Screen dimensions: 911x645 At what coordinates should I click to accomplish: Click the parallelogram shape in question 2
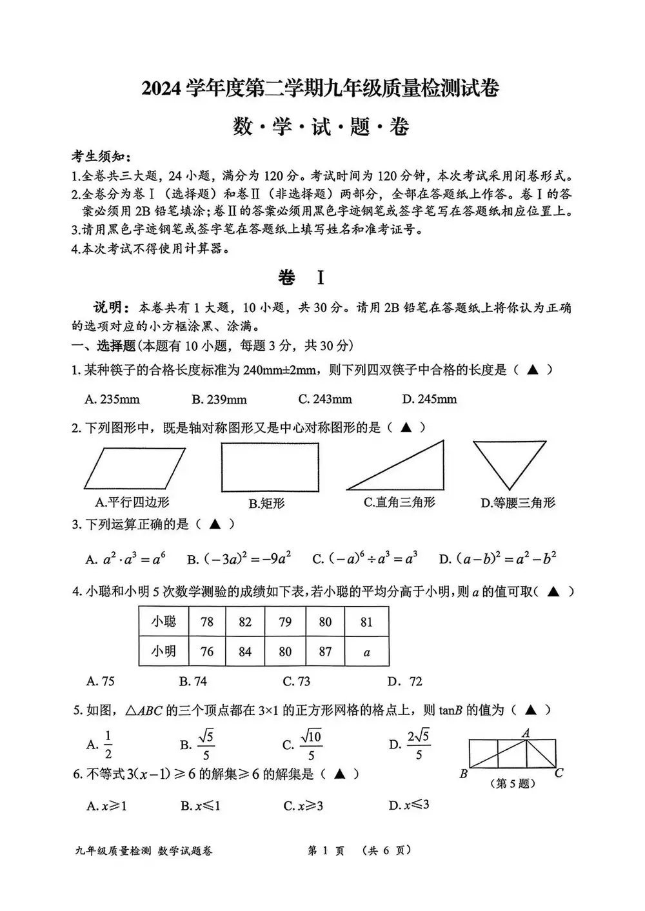click(135, 468)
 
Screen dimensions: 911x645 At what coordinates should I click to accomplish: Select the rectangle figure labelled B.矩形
click(270, 469)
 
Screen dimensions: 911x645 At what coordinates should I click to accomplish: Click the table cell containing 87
click(325, 651)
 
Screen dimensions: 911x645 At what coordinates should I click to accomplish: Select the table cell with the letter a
click(367, 652)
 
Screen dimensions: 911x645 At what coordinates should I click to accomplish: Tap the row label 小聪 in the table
click(164, 622)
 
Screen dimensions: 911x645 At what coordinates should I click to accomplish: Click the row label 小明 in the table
click(164, 651)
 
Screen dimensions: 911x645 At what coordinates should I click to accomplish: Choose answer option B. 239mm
click(219, 399)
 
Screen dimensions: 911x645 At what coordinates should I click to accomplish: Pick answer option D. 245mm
click(429, 399)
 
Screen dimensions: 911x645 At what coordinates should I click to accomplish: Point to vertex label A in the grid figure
click(526, 732)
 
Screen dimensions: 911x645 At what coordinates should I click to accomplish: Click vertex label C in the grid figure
click(559, 772)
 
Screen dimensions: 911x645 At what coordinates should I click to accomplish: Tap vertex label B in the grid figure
click(463, 774)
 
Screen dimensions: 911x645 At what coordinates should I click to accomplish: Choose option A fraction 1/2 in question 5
click(108, 745)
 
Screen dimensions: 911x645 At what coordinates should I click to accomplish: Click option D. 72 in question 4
click(405, 681)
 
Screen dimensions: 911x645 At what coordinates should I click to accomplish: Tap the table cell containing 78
click(207, 622)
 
